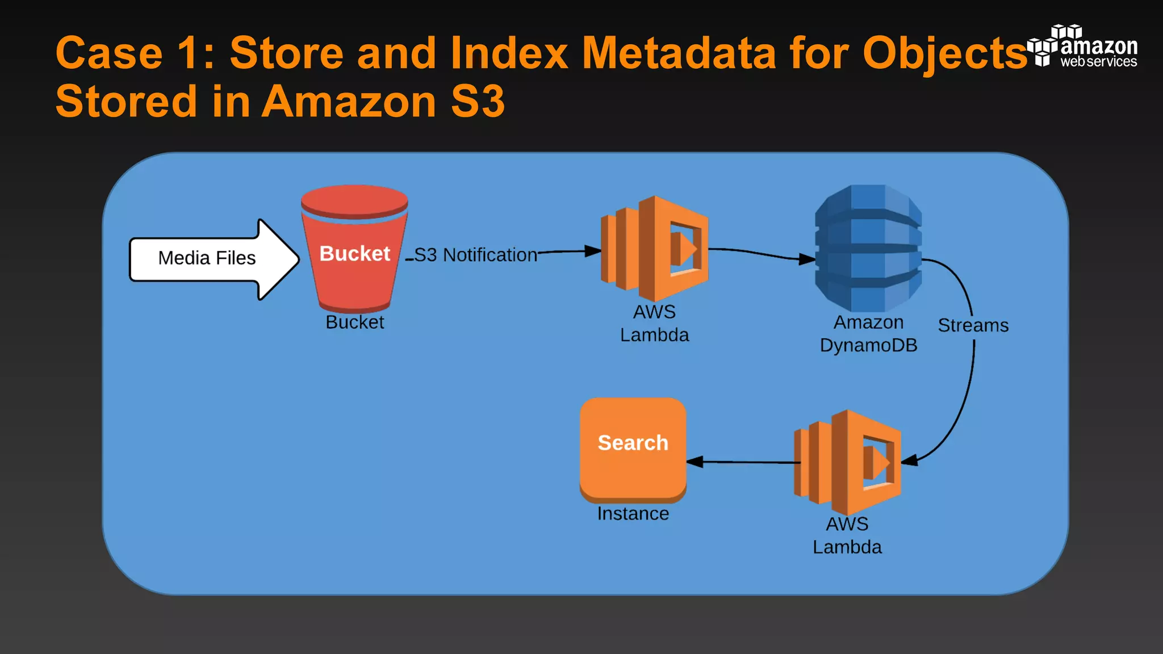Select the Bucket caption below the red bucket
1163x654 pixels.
pyautogui.click(x=354, y=322)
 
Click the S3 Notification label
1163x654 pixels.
pyautogui.click(x=475, y=255)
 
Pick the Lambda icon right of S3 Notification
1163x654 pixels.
pyautogui.click(x=654, y=248)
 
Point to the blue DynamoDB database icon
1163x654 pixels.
pyautogui.click(x=868, y=248)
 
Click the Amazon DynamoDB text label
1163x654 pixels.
pyautogui.click(x=868, y=334)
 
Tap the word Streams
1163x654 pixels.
pyautogui.click(x=973, y=325)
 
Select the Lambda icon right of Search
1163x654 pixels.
pyautogui.click(x=847, y=462)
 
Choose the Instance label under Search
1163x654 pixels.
pyautogui.click(x=633, y=514)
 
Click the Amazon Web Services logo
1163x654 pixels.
pyautogui.click(x=1082, y=47)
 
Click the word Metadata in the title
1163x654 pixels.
pyautogui.click(x=679, y=53)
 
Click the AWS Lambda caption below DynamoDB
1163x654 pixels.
pyautogui.click(x=847, y=535)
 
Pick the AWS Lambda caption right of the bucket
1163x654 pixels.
pyautogui.click(x=654, y=324)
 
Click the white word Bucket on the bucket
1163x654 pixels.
pyautogui.click(x=354, y=253)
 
